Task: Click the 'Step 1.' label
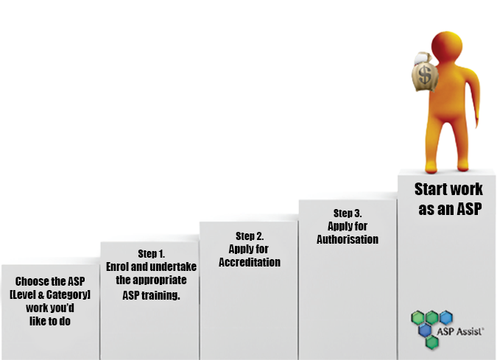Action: click(x=152, y=253)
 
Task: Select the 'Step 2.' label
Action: click(x=250, y=236)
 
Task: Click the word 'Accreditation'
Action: click(x=250, y=262)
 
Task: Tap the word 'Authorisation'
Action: click(x=348, y=239)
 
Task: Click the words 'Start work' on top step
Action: click(x=448, y=189)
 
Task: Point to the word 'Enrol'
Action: click(x=120, y=267)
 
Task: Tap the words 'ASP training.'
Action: click(x=151, y=294)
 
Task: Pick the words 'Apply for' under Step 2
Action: click(x=250, y=249)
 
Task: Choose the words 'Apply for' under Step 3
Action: click(x=348, y=226)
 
